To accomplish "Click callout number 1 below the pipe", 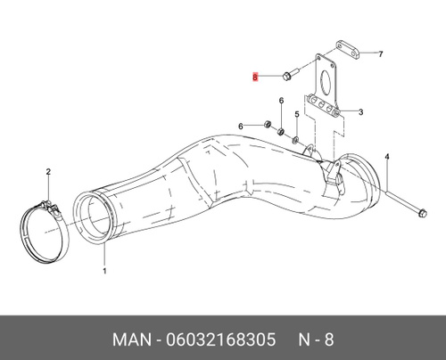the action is tap(104, 271).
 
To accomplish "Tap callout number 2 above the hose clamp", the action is tap(48, 172).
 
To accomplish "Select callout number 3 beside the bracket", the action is tap(360, 112).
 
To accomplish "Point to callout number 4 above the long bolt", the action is tap(387, 156).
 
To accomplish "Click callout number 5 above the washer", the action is tap(297, 114).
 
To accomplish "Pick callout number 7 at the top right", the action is tap(380, 54).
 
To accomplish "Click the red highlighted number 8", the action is tap(255, 78).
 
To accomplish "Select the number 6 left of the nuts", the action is tap(241, 127).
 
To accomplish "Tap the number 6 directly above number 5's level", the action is tap(281, 101).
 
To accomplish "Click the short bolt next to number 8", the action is tap(291, 75).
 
